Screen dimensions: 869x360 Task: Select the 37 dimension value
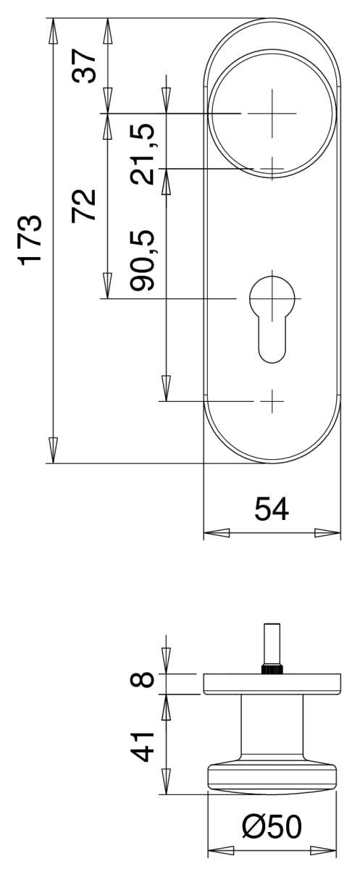[x=85, y=67]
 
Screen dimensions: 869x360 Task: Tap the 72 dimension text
[x=85, y=205]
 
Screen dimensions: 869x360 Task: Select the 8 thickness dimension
[x=144, y=681]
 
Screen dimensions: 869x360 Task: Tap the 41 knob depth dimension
[x=144, y=745]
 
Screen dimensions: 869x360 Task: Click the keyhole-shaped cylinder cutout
[x=272, y=315]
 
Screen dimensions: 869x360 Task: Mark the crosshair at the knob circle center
[x=272, y=114]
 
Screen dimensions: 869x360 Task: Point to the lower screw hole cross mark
[x=272, y=400]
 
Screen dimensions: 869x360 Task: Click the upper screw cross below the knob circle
[x=272, y=169]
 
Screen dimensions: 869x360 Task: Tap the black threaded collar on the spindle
[x=272, y=668]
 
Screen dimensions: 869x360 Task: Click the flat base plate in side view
[x=272, y=684]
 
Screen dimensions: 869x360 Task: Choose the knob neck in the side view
[x=272, y=728]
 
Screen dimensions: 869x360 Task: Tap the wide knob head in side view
[x=272, y=777]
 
